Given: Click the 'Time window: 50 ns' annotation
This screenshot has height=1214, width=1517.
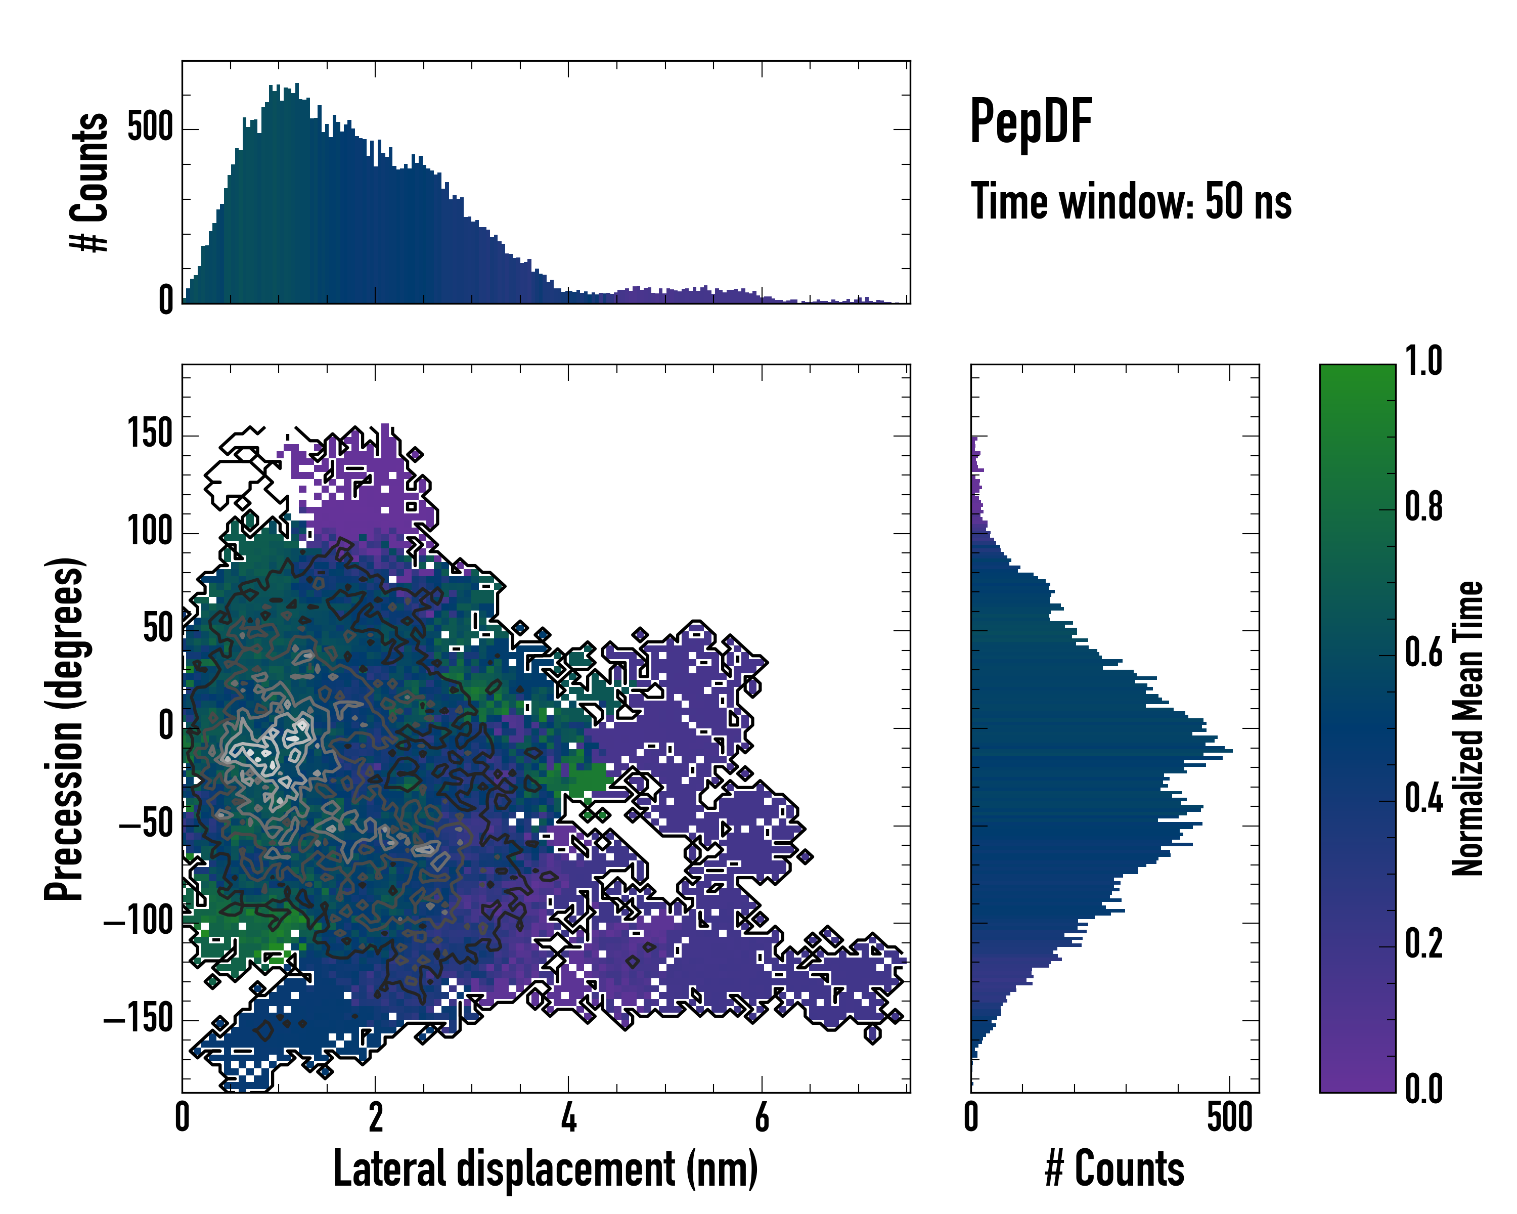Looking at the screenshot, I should click(1131, 201).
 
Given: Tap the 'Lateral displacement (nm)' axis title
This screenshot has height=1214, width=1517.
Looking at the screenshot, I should click(545, 1169).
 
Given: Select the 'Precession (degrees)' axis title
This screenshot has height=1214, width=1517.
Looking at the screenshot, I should click(65, 728).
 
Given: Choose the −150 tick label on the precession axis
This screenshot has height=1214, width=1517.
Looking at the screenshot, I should click(139, 1018).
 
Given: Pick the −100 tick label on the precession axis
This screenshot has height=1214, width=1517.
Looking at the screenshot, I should click(139, 921).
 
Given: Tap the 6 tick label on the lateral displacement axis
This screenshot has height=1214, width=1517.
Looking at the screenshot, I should click(762, 1117).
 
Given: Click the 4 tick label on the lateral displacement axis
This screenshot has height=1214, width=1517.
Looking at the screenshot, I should click(568, 1117).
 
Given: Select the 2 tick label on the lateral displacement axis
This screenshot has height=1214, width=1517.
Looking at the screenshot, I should click(375, 1117).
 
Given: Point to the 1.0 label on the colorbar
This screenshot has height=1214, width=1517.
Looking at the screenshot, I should click(1423, 361).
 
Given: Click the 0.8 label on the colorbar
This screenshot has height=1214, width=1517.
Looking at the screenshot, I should click(1423, 507).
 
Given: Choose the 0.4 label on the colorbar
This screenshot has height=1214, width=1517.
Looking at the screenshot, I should click(1423, 798).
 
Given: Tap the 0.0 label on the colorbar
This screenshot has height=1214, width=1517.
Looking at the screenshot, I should click(1423, 1089).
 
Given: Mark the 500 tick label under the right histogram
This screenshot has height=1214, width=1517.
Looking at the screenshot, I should click(1230, 1117).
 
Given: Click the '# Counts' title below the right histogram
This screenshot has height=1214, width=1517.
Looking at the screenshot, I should click(1114, 1169).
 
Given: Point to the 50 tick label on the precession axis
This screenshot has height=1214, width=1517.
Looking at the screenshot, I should click(158, 628).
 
